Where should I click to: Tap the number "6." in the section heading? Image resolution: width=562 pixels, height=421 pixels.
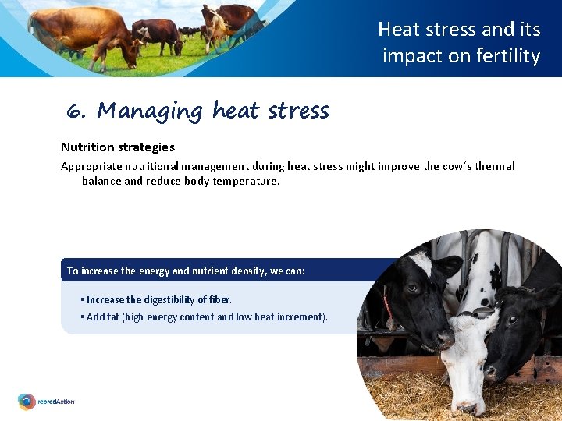pyautogui.click(x=76, y=111)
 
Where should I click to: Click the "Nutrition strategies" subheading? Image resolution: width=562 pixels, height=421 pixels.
pyautogui.click(x=118, y=147)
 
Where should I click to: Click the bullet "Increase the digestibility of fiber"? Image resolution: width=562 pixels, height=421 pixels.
pyautogui.click(x=158, y=299)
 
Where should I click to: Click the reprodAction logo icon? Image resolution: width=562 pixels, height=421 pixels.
pyautogui.click(x=27, y=402)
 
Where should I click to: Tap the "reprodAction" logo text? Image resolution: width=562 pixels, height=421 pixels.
pyautogui.click(x=57, y=402)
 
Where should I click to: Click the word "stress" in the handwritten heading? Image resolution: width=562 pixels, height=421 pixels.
pyautogui.click(x=298, y=111)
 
